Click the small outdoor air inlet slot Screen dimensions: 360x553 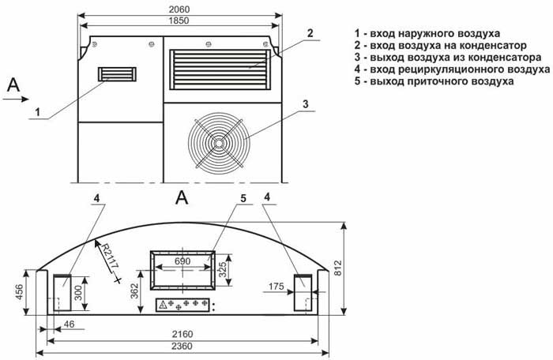(x=116, y=75)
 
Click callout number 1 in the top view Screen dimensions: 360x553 (x=36, y=112)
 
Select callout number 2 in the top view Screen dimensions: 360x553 (x=310, y=33)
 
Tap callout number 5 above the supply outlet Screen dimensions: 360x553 (x=243, y=197)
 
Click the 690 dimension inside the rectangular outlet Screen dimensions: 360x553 (x=183, y=260)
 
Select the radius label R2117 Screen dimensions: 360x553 (x=108, y=257)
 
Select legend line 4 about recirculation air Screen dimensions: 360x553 (x=442, y=69)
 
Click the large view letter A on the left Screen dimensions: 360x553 (x=13, y=85)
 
